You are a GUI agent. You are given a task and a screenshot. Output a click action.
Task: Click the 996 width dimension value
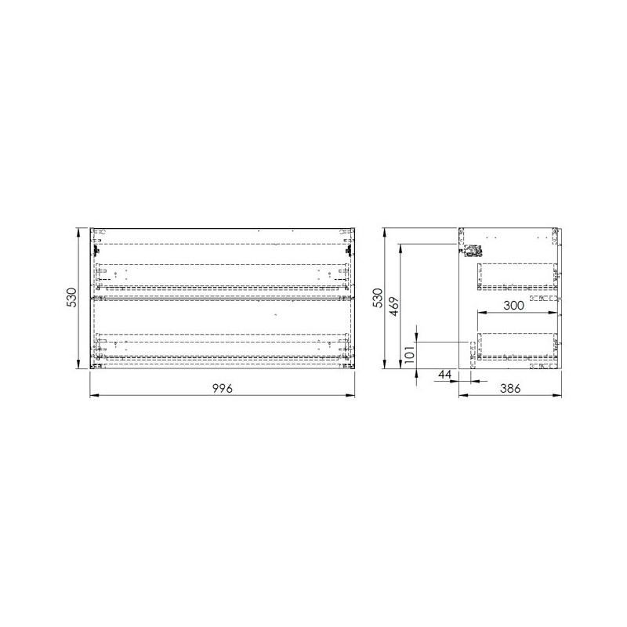pyautogui.click(x=223, y=389)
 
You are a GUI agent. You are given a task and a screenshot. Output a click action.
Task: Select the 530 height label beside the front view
pyautogui.click(x=71, y=299)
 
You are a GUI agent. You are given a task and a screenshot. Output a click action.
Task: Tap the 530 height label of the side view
pyautogui.click(x=377, y=299)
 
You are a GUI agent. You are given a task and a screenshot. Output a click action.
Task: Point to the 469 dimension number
pyautogui.click(x=395, y=305)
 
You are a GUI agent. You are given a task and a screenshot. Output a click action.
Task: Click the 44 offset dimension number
pyautogui.click(x=444, y=375)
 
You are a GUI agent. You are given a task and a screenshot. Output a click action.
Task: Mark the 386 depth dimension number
pyautogui.click(x=510, y=389)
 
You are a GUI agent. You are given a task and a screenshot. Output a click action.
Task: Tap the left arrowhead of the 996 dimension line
pyautogui.click(x=94, y=396)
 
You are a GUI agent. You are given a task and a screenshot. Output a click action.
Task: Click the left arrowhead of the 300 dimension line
pyautogui.click(x=480, y=313)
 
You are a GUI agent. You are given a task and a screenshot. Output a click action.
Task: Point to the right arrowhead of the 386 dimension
pyautogui.click(x=560, y=396)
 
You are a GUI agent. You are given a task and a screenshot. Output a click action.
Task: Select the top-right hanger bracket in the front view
pyautogui.click(x=349, y=250)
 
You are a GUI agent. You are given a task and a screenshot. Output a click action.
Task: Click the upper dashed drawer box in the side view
pyautogui.click(x=517, y=277)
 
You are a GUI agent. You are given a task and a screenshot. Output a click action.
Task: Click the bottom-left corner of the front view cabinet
pyautogui.click(x=92, y=368)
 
